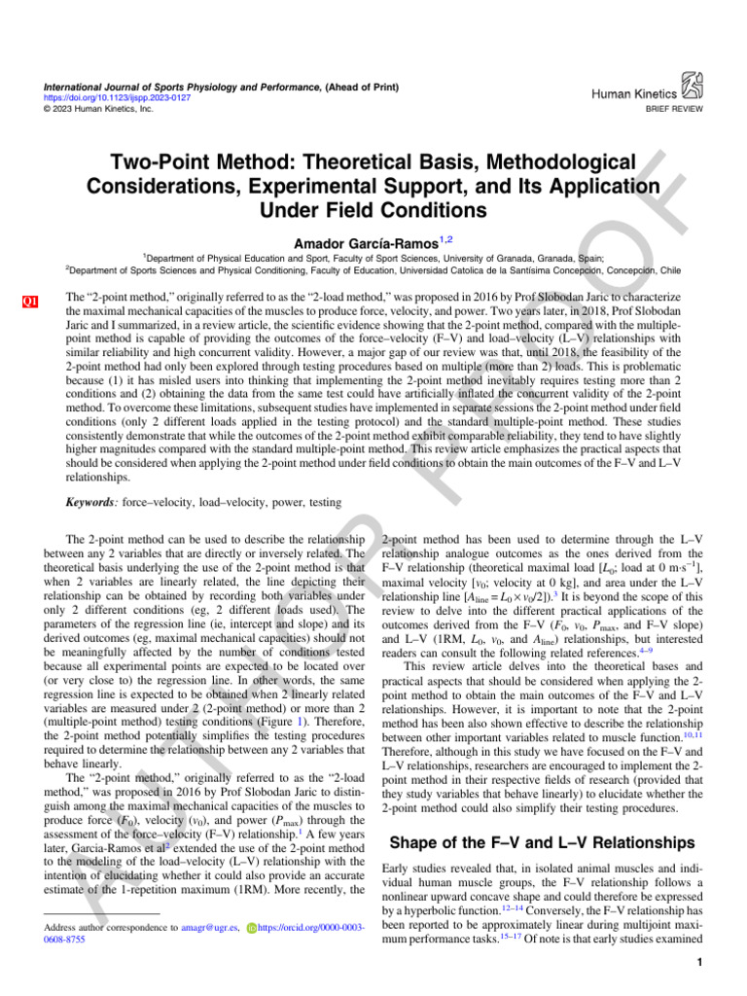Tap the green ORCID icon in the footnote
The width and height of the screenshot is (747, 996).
coord(254,929)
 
